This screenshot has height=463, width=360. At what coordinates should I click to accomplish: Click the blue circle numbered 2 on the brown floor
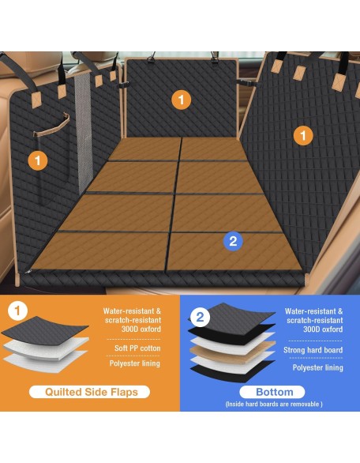pos(233,241)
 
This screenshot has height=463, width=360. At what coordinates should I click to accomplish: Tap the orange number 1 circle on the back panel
pos(181,100)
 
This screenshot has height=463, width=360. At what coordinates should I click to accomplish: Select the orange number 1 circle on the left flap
pos(38,160)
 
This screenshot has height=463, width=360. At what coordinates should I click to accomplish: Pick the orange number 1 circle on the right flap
pos(303,136)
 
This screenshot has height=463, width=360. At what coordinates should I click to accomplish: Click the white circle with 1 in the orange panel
pos(17,311)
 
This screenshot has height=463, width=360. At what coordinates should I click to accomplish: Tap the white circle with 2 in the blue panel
pos(200,317)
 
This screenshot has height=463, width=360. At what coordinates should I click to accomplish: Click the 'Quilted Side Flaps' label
pos(90,392)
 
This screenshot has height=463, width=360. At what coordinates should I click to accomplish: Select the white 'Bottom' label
pos(272,392)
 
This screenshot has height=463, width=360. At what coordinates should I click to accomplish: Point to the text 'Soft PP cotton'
pos(137,348)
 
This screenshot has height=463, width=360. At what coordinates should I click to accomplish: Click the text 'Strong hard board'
pos(313,350)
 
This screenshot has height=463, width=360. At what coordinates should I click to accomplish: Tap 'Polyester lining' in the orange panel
pos(135,363)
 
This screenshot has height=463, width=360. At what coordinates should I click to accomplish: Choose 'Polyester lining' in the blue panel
pos(318,367)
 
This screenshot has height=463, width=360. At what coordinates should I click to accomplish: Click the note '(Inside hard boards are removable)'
pos(274,404)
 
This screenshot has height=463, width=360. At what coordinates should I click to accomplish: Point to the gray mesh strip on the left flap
pos(82,133)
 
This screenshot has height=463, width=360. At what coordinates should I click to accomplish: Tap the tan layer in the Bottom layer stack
pos(233,352)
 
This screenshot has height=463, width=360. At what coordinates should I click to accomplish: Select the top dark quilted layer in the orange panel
pos(45,330)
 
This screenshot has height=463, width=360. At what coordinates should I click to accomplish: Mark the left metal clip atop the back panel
pos(152,58)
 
